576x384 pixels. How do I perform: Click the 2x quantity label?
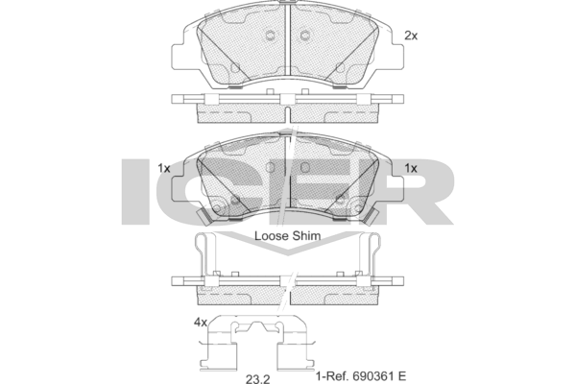(x=411, y=36)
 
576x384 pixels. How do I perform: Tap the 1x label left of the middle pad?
(x=163, y=168)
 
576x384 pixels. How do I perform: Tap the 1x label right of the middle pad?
(x=411, y=168)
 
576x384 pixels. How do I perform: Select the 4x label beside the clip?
(x=200, y=323)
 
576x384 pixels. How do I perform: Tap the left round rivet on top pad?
(x=271, y=36)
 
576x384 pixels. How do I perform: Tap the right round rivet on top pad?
(x=305, y=36)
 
